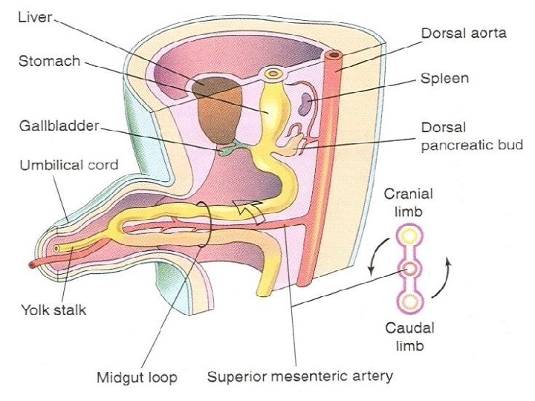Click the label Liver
pyautogui.click(x=34, y=17)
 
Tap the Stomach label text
pyautogui.click(x=48, y=60)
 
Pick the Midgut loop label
pyautogui.click(x=137, y=377)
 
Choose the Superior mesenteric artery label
pyautogui.click(x=299, y=376)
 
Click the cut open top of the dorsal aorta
pyautogui.click(x=333, y=56)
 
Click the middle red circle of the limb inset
pyautogui.click(x=409, y=269)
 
